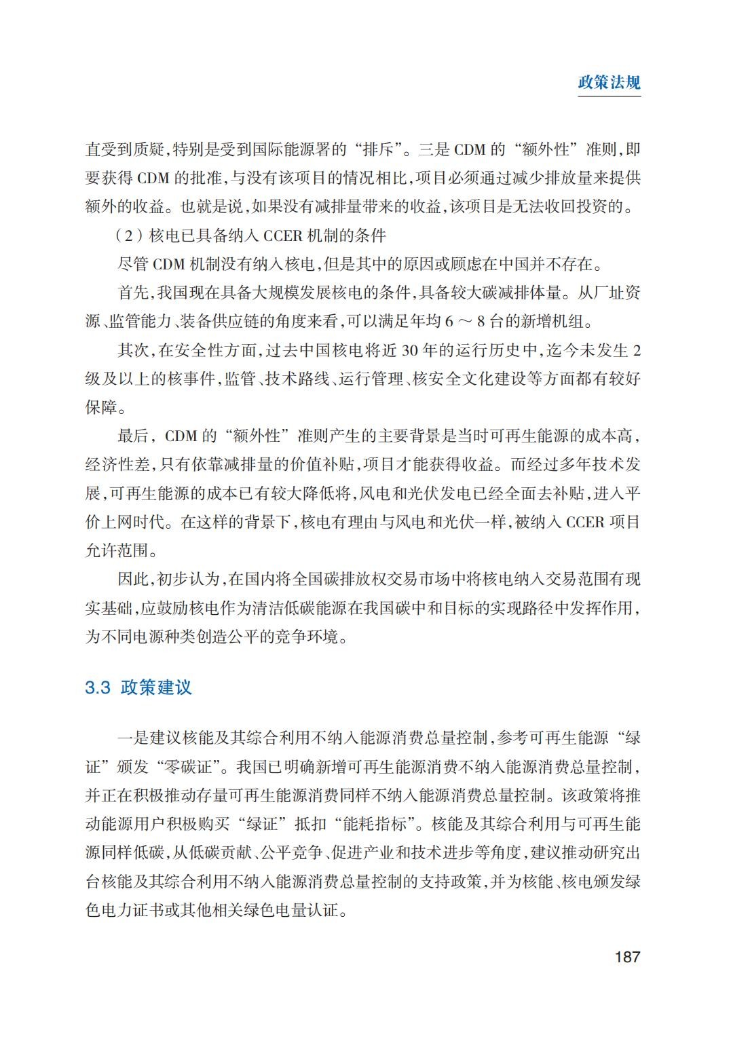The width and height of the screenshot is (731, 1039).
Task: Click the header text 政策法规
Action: (x=609, y=83)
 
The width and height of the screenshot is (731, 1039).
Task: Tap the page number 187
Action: (x=626, y=957)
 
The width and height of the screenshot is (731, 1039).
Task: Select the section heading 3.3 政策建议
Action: (x=138, y=687)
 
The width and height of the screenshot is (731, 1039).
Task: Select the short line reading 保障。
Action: (x=107, y=407)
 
